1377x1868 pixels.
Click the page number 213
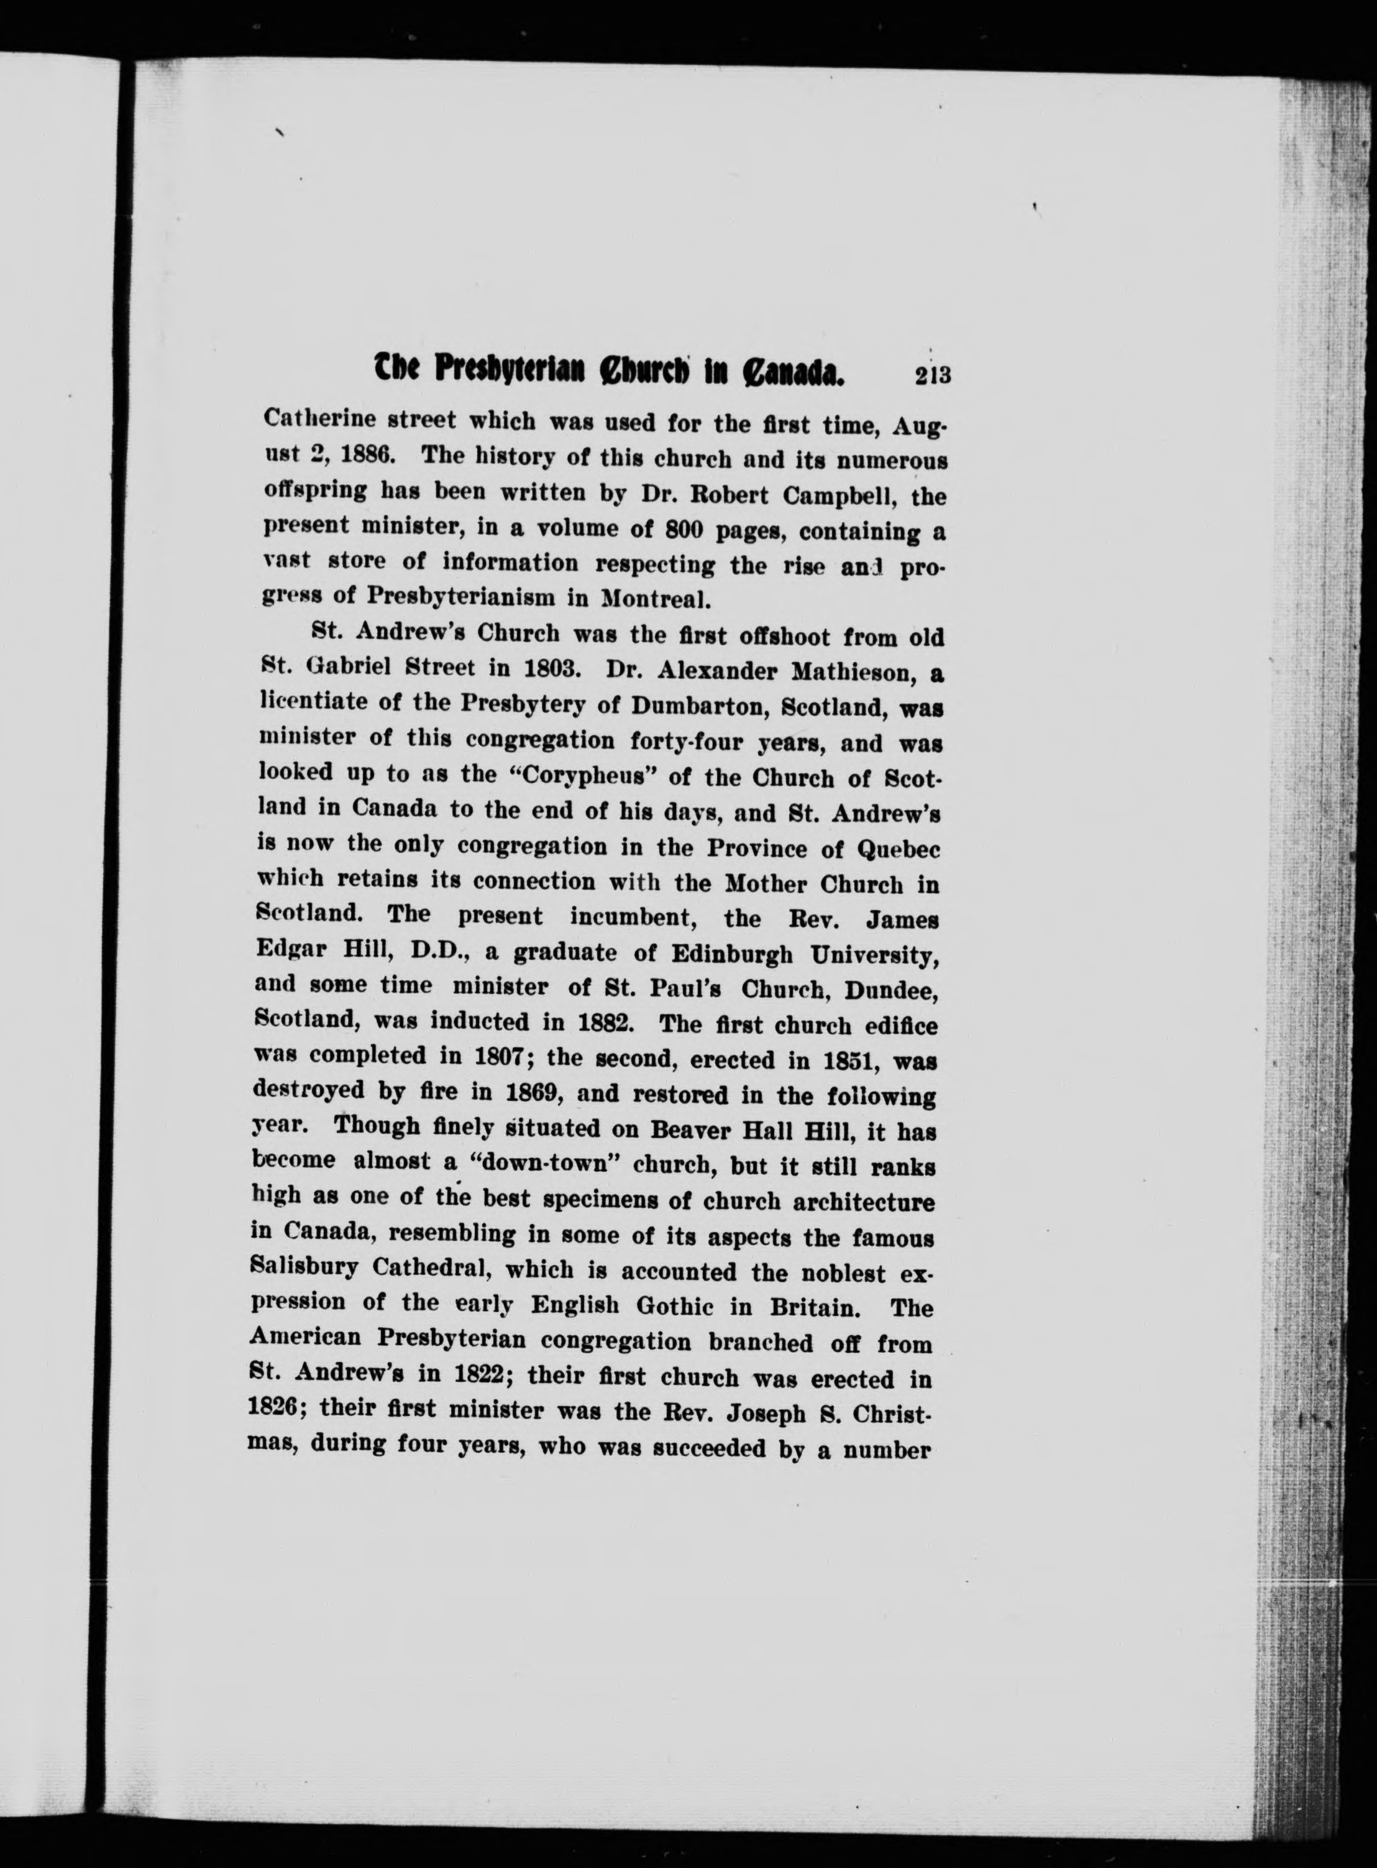click(x=932, y=376)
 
